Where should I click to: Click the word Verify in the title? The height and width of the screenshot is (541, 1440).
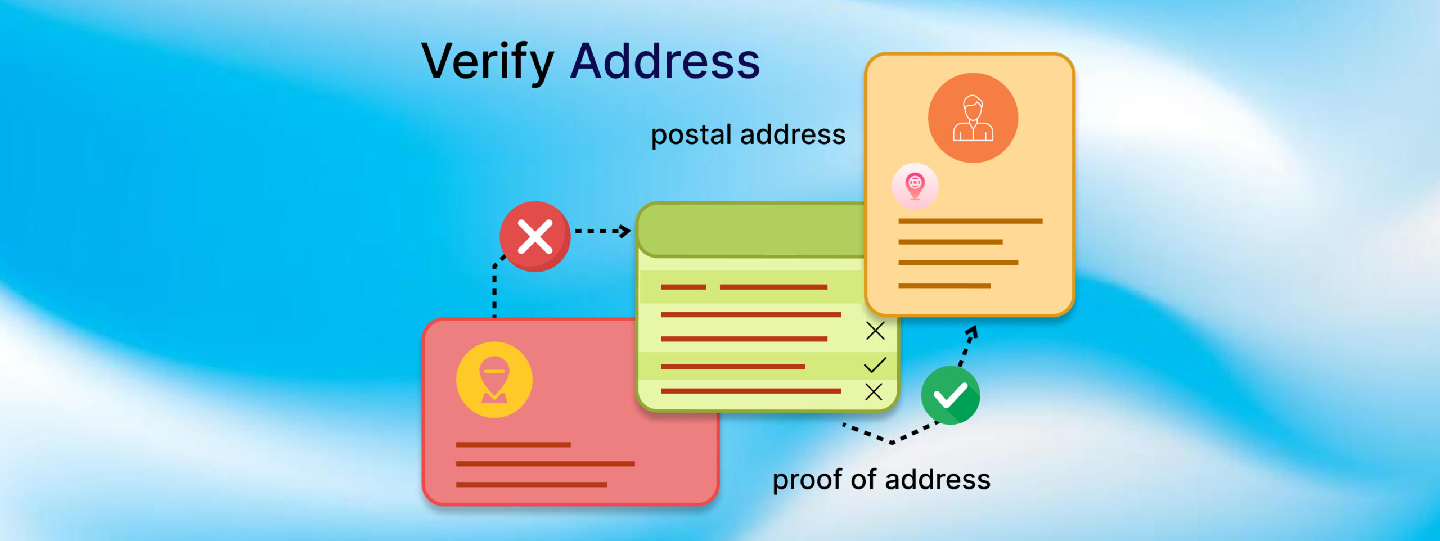pos(487,62)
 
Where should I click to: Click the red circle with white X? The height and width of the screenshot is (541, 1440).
pos(535,237)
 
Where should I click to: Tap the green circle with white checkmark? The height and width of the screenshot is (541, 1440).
pos(951,395)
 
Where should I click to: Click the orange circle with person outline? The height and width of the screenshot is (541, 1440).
pos(973,118)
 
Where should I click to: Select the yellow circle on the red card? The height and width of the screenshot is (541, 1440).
pos(494,380)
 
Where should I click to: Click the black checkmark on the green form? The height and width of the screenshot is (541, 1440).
pos(875,365)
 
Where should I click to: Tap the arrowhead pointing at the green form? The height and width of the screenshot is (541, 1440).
pos(624,231)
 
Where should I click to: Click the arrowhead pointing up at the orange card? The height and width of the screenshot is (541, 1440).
pos(973,332)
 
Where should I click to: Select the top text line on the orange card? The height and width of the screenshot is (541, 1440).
pos(970,221)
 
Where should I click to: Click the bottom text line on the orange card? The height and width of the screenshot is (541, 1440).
pos(944,286)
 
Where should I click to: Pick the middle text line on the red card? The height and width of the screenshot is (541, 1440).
pos(545,464)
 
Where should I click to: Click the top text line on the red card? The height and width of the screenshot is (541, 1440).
pos(513,444)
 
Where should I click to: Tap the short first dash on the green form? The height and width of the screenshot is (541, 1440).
pos(683,287)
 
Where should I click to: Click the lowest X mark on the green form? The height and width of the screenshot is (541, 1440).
pos(874,391)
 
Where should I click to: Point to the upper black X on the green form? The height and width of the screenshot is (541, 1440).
pos(875,331)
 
